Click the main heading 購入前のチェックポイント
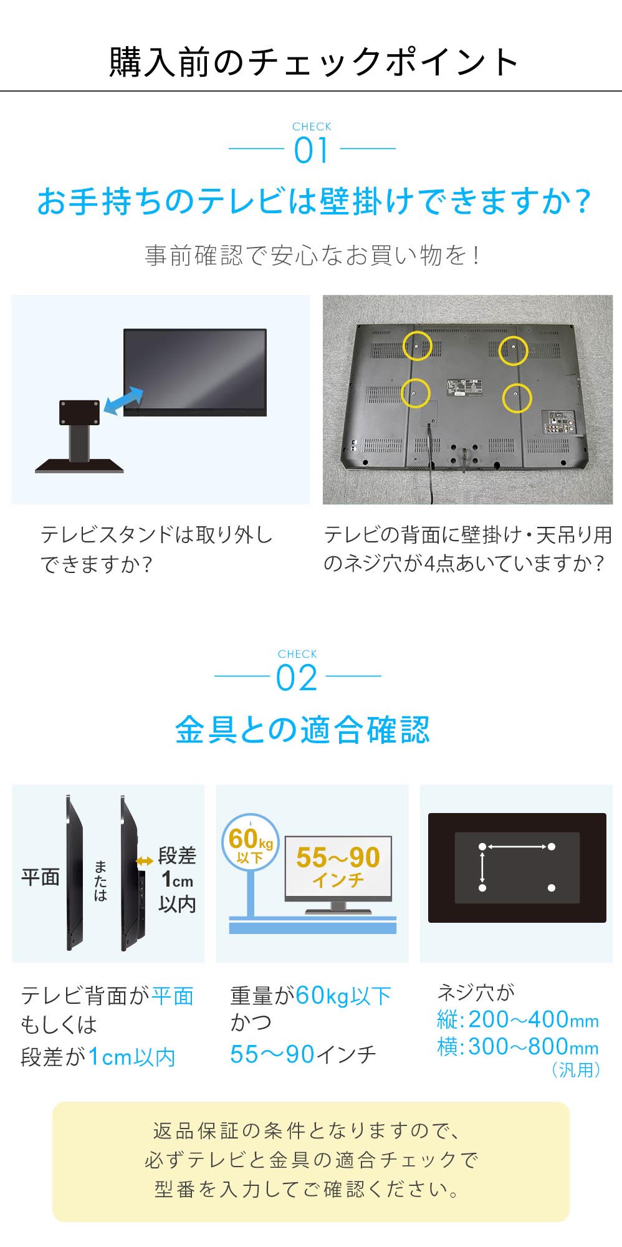[x=313, y=62]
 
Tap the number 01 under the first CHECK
[x=311, y=151]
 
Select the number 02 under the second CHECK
[x=297, y=678]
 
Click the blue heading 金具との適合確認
[x=302, y=729]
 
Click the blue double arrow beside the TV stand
[x=123, y=400]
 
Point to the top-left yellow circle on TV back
[x=417, y=345]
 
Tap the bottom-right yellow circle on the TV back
[x=517, y=397]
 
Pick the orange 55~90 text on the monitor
[x=338, y=857]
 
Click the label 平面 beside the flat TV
[x=41, y=877]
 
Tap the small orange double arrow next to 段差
[x=145, y=861]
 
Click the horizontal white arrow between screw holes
[x=517, y=847]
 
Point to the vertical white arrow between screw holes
[x=482, y=867]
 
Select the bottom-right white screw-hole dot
[x=552, y=887]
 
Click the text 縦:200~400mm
[x=517, y=1019]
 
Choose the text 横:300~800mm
[x=517, y=1047]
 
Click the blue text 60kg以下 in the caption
[x=343, y=996]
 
